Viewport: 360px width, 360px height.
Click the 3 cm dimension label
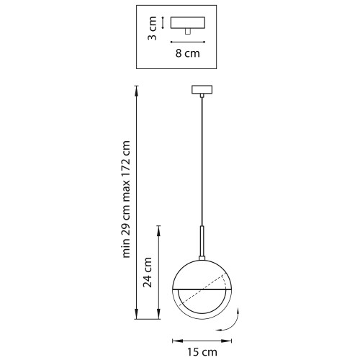click(152, 28)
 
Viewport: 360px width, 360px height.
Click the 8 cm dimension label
click(187, 53)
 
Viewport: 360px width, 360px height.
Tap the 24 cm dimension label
click(148, 272)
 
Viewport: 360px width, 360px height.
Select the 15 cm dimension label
click(202, 352)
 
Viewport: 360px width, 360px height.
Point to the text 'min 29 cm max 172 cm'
click(126, 199)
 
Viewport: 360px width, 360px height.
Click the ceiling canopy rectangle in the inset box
click(188, 23)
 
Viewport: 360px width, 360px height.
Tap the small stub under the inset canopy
click(188, 32)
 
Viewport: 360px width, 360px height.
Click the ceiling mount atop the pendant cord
click(202, 89)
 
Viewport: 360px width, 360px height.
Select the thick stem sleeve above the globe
click(202, 241)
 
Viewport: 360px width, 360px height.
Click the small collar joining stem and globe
click(202, 258)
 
